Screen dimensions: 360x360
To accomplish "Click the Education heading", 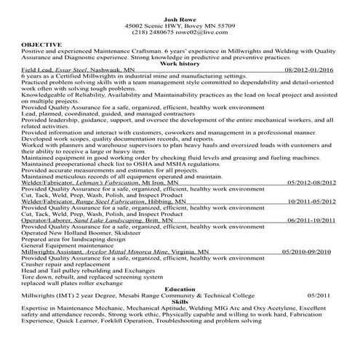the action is click(180, 289).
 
